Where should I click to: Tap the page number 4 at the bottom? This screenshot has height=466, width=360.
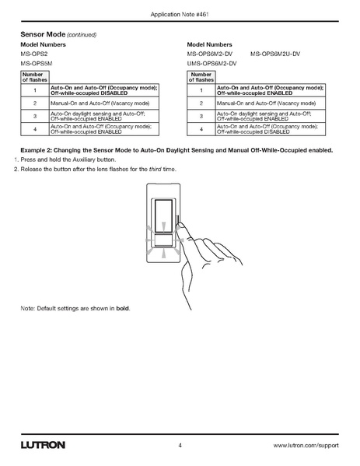pyautogui.click(x=180, y=446)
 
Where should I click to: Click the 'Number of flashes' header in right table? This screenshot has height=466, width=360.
pyautogui.click(x=201, y=77)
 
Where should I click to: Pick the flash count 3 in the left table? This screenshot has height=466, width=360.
pyautogui.click(x=34, y=116)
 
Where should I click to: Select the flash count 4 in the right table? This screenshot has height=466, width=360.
pyautogui.click(x=201, y=128)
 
